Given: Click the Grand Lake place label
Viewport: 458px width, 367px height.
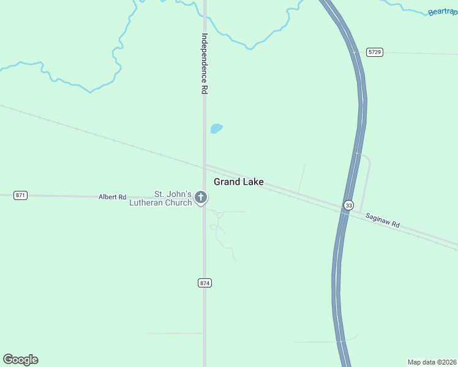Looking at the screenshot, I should point(238,182).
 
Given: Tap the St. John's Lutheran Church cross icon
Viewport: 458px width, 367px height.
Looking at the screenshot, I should point(201,198).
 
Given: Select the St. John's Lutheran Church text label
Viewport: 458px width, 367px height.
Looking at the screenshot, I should point(161,198).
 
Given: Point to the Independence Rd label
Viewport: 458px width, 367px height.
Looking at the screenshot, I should point(205,63).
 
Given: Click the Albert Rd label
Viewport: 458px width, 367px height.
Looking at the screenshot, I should point(112,197).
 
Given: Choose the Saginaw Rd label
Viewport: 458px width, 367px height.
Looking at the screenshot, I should point(383,221).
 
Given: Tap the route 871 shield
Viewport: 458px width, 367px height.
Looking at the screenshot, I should point(21,195).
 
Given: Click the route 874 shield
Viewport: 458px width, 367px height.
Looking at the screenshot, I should point(205,283).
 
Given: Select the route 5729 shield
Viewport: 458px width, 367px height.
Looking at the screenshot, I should point(375,52).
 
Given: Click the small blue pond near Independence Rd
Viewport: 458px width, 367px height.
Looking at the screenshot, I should point(216,128).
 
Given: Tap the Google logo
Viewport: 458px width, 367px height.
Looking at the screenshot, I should point(20,360).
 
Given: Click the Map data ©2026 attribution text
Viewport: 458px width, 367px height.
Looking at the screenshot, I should point(432,361).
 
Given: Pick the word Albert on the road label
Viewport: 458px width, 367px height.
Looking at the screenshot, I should point(108,197).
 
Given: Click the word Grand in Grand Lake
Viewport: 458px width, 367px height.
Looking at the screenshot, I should point(227,182).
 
